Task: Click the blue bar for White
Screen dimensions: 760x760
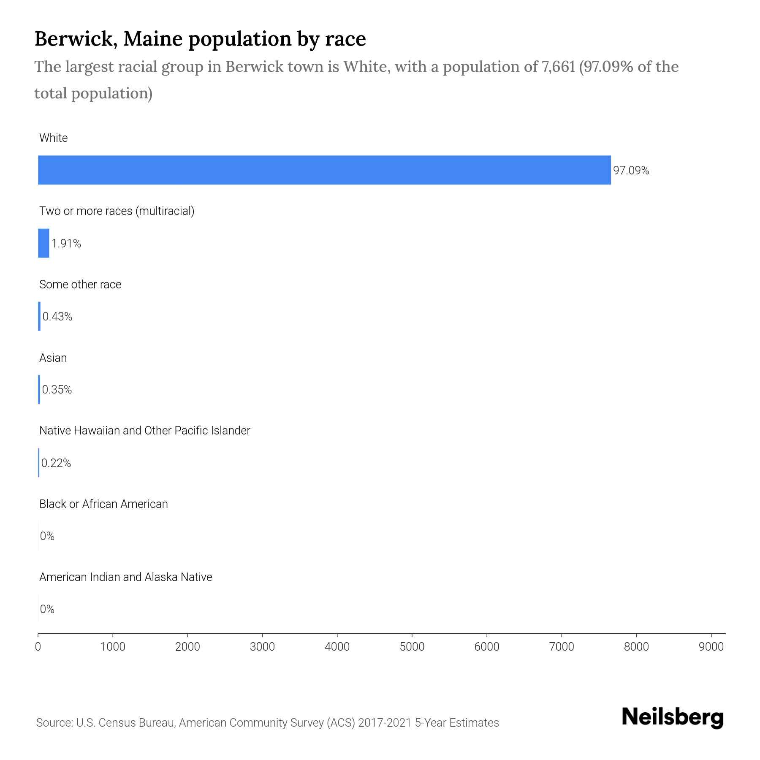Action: click(x=324, y=170)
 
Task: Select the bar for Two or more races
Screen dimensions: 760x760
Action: click(x=43, y=243)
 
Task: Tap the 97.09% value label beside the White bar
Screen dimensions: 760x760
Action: click(x=631, y=171)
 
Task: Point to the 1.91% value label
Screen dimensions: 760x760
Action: click(x=66, y=244)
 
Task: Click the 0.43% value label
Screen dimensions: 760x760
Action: click(x=57, y=317)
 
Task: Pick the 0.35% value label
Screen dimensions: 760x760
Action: click(x=57, y=390)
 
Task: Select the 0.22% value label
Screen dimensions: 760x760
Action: click(x=56, y=463)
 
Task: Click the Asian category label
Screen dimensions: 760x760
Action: click(x=53, y=358)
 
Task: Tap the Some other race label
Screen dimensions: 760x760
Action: click(x=80, y=285)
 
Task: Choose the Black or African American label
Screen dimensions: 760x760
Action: click(x=103, y=504)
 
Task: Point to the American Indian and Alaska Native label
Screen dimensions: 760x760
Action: click(x=125, y=577)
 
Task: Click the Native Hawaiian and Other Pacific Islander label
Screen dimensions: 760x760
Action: click(x=145, y=431)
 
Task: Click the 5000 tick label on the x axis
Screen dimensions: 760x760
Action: click(x=412, y=647)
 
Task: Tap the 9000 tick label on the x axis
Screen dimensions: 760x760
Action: click(x=711, y=647)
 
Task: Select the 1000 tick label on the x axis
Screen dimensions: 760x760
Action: click(x=113, y=647)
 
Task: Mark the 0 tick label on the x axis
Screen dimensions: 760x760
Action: click(x=38, y=647)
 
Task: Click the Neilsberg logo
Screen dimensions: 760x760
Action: click(x=673, y=718)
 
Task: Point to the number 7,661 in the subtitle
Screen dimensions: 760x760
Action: click(x=556, y=67)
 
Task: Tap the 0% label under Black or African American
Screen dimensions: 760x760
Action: click(x=47, y=536)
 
